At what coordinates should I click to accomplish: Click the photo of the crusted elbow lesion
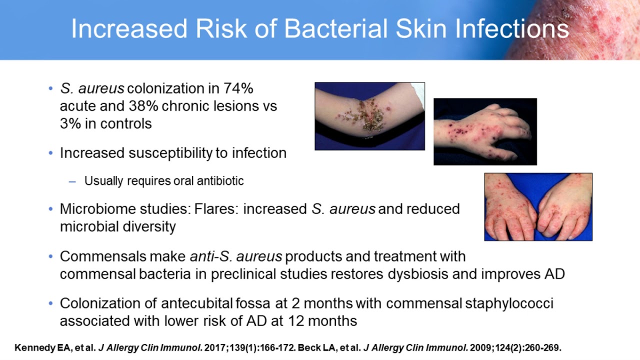point(369,116)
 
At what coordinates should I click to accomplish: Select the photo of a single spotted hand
point(485,131)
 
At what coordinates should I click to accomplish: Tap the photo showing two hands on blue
point(538,206)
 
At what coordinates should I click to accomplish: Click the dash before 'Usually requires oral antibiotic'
point(72,181)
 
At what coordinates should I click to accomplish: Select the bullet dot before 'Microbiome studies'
point(50,209)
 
